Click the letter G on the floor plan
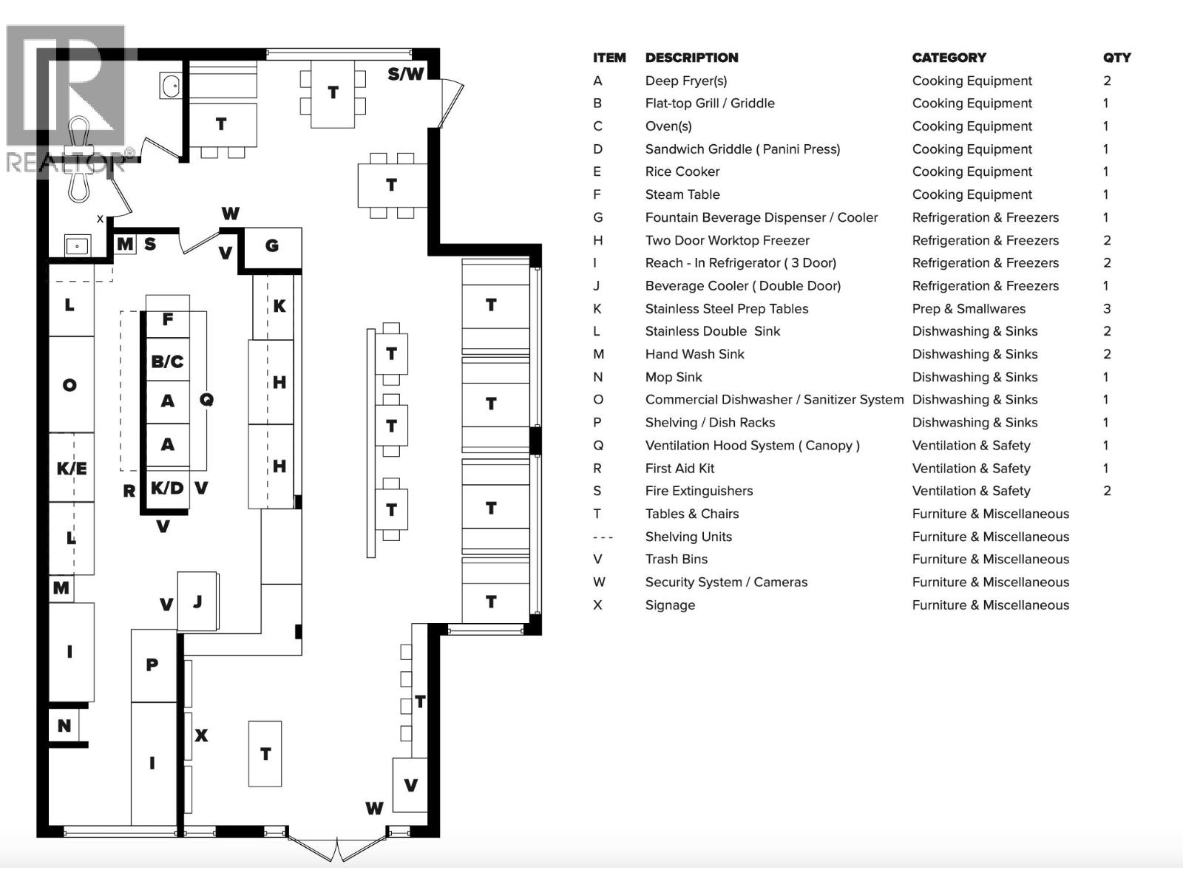(x=272, y=246)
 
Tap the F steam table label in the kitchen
(x=168, y=319)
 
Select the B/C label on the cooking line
(x=167, y=361)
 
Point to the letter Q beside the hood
(x=206, y=399)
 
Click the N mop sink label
(x=64, y=726)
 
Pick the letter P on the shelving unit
(x=152, y=665)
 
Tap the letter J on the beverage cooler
(x=197, y=602)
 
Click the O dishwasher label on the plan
(x=70, y=384)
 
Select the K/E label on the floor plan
(x=72, y=468)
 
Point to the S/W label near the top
(x=406, y=74)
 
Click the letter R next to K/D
(x=129, y=491)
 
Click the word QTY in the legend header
(x=1116, y=58)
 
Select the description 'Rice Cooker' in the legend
(x=682, y=171)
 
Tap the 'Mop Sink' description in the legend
(x=673, y=377)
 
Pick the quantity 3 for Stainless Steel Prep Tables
(x=1107, y=308)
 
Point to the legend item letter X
(x=597, y=605)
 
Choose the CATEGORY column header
(x=949, y=58)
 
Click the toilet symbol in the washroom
(x=79, y=159)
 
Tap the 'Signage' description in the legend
(x=670, y=605)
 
